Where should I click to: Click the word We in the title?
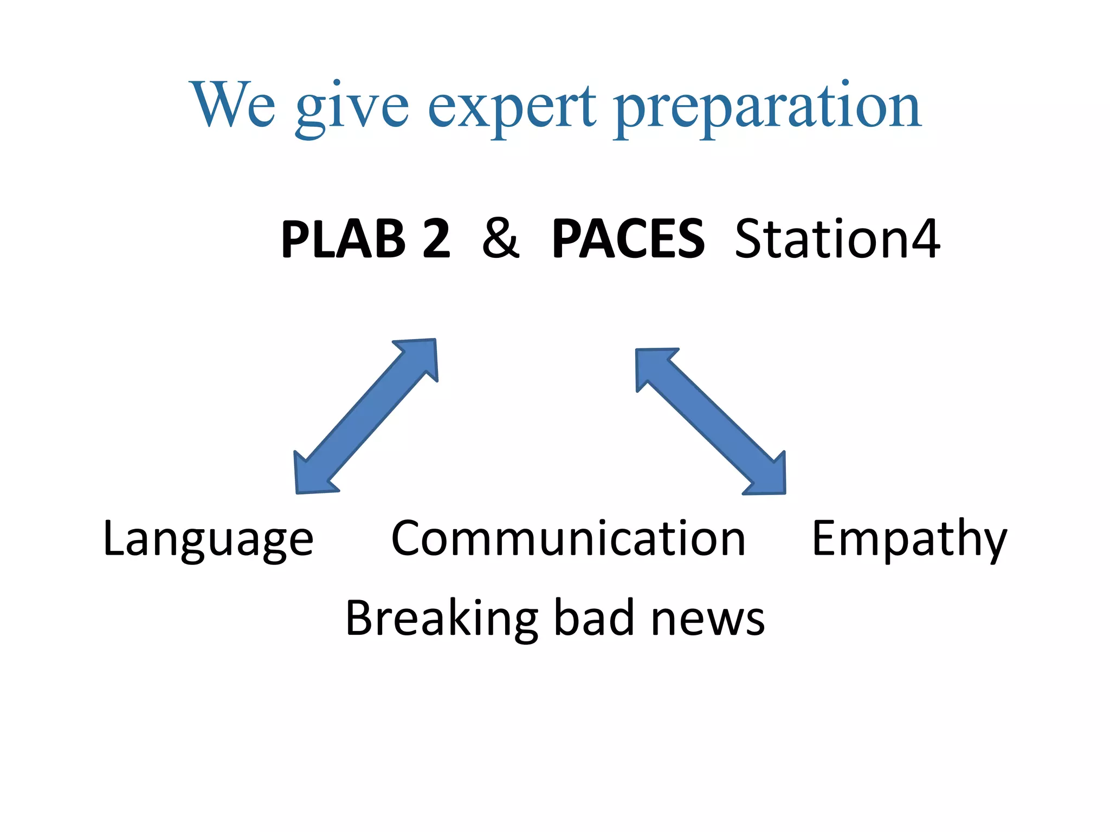(x=233, y=105)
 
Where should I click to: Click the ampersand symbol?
(x=500, y=239)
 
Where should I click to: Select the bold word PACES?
(x=628, y=239)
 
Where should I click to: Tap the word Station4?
(x=837, y=239)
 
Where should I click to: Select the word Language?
(x=208, y=539)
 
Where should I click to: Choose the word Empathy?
(x=909, y=539)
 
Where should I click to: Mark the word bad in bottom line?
(x=594, y=619)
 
